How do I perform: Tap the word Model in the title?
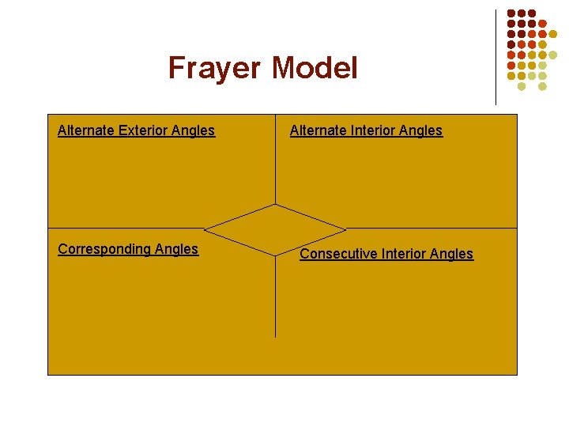coord(315,68)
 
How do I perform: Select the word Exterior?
coord(149,130)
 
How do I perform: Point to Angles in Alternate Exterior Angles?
coord(196,130)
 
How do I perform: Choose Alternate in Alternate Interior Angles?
coord(318,130)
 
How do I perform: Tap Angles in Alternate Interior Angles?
coord(424,130)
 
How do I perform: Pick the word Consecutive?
coord(338,254)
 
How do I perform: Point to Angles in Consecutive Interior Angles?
coord(453,254)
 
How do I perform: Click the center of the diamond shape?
coord(275,230)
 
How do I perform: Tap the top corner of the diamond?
coord(275,204)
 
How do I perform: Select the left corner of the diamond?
coord(205,230)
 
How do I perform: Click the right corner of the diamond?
coord(346,230)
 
